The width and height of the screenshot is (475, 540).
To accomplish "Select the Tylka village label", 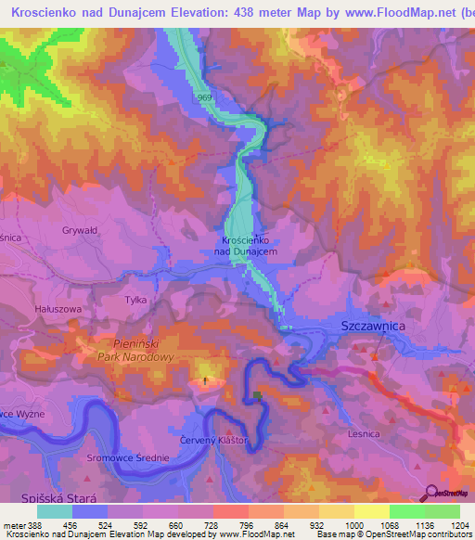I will pos(135,300).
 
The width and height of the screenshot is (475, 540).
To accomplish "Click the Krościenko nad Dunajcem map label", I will pos(246,245).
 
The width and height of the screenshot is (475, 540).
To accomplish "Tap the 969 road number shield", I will pos(205,97).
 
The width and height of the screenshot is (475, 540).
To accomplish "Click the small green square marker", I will pos(257,396).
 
